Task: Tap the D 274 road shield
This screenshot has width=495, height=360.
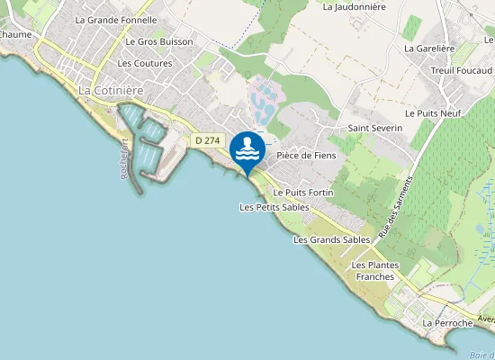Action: (x=207, y=140)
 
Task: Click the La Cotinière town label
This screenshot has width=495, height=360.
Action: (x=113, y=91)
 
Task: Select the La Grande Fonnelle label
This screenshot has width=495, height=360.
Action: (x=116, y=20)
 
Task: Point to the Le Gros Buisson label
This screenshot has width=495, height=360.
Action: (x=159, y=41)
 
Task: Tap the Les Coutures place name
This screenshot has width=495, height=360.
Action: (x=145, y=63)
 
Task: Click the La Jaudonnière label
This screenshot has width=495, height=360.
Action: (x=354, y=6)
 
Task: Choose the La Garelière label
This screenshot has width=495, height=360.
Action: (x=430, y=49)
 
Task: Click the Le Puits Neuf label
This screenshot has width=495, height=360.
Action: (x=432, y=113)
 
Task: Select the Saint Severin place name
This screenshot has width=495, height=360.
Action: (x=375, y=129)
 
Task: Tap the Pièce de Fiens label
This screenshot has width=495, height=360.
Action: (x=306, y=155)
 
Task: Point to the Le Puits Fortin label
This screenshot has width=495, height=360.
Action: (x=303, y=193)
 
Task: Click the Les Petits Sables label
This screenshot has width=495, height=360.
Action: (x=274, y=207)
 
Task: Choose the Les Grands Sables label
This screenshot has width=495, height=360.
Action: (x=331, y=240)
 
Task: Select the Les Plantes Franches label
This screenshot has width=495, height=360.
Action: (x=373, y=271)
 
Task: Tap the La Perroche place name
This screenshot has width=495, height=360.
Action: (x=448, y=322)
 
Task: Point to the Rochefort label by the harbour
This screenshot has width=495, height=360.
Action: (x=124, y=163)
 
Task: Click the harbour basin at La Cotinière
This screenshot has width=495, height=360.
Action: (x=148, y=144)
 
